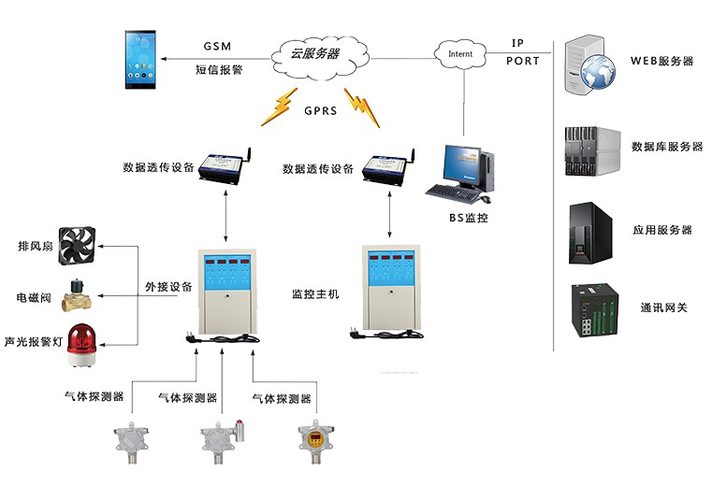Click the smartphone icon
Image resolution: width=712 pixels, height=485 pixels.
click(145, 59)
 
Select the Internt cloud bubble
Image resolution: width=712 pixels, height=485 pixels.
click(460, 53)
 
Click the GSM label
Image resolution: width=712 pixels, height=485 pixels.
click(216, 46)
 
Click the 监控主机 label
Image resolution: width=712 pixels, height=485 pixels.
click(315, 294)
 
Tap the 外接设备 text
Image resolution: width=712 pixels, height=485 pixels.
click(168, 287)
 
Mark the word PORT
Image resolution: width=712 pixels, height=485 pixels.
click(523, 61)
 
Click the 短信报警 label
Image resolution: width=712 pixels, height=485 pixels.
click(218, 69)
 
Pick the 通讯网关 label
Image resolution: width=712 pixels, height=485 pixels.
click(664, 307)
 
